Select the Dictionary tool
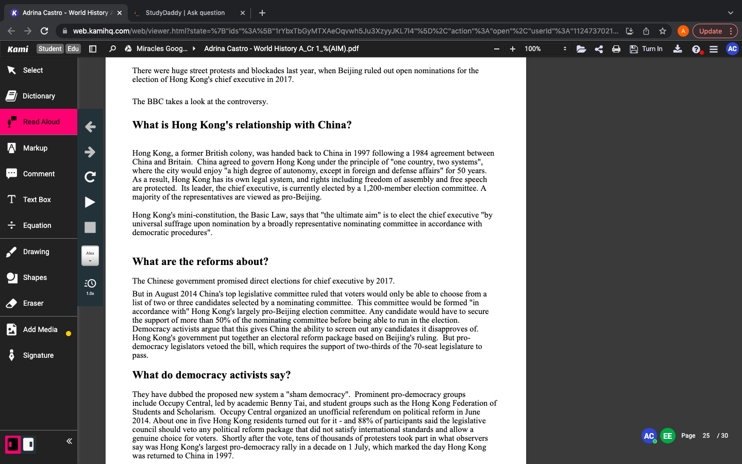39,96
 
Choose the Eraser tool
33,303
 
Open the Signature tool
38,355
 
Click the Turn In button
647,49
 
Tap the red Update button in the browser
710,31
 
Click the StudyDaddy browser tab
185,13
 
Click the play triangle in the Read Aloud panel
90,202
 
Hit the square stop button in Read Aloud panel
90,227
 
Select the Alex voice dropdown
90,255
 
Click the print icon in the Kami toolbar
616,49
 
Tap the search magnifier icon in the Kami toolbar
112,49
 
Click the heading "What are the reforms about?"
200,261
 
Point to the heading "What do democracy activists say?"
211,375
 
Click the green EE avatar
667,436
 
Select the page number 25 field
706,436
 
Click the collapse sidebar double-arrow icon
69,441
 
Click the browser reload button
44,31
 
